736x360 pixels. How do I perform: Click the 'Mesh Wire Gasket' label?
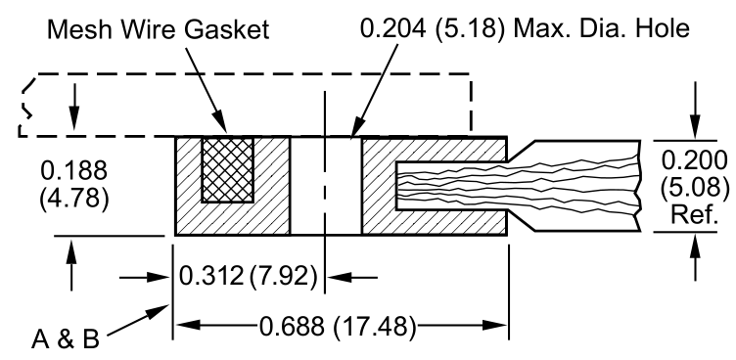point(160,31)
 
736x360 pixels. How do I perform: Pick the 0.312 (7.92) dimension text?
point(248,277)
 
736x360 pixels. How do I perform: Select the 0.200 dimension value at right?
point(694,159)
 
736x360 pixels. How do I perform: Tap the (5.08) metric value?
point(694,183)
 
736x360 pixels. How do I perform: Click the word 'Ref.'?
point(694,207)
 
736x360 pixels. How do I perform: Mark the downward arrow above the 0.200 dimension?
point(694,127)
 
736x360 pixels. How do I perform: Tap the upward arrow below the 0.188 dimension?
point(69,248)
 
